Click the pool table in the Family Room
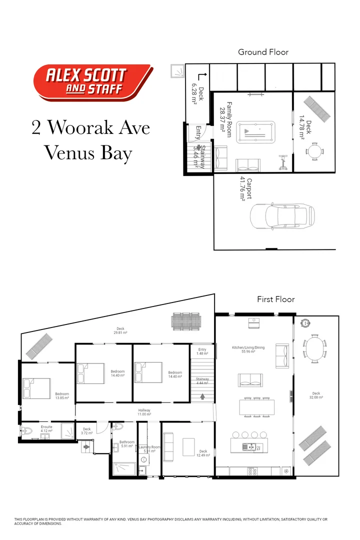coord(256,132)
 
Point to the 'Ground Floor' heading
coord(263,52)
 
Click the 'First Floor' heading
coord(276,299)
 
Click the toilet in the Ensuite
coord(27,431)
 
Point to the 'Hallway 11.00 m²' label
coord(144,412)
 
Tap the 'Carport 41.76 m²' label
coord(244,188)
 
